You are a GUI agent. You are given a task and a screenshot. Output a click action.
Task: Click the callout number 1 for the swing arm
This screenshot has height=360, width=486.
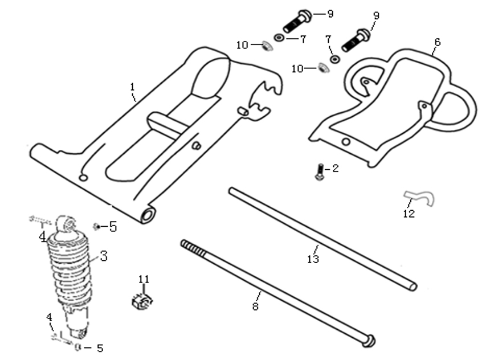click(x=132, y=87)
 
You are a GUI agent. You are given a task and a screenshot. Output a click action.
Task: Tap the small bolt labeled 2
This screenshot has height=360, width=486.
click(x=320, y=171)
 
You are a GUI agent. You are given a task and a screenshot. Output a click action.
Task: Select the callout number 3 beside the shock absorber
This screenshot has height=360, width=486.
click(x=104, y=256)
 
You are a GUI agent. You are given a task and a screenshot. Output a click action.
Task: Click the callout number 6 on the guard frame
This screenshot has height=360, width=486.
click(x=437, y=42)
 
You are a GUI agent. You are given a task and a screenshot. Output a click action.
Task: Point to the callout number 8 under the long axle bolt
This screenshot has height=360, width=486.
click(x=255, y=306)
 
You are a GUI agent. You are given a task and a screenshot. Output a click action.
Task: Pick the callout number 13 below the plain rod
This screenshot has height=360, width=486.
click(x=313, y=259)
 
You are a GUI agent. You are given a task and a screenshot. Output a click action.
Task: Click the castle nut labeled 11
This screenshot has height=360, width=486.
click(x=142, y=302)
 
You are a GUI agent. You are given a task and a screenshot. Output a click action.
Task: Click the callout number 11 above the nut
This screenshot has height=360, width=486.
click(x=144, y=279)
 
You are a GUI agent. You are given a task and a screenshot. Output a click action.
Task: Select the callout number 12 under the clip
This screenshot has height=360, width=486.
click(x=409, y=214)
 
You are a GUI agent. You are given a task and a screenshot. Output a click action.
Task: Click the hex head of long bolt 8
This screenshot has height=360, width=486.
click(x=369, y=341)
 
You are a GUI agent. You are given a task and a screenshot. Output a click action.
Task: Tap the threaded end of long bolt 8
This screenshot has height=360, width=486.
click(x=193, y=248)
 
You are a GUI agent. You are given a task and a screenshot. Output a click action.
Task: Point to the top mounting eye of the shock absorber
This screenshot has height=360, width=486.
click(x=67, y=224)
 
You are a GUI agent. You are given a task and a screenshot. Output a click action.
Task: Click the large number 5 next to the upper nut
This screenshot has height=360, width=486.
click(x=113, y=227)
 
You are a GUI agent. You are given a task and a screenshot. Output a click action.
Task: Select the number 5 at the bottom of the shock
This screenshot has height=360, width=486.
click(x=100, y=348)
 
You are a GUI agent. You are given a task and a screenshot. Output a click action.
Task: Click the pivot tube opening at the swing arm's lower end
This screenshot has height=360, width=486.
click(x=149, y=215)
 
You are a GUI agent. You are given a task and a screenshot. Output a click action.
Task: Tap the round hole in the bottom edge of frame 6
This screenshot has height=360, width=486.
click(x=346, y=142)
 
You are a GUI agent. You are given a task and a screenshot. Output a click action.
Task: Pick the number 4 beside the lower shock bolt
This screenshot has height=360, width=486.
click(x=49, y=317)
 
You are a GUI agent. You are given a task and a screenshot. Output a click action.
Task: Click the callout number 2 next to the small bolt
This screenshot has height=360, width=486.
click(x=336, y=168)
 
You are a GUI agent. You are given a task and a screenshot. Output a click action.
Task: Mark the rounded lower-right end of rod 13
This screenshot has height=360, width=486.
click(x=413, y=287)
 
